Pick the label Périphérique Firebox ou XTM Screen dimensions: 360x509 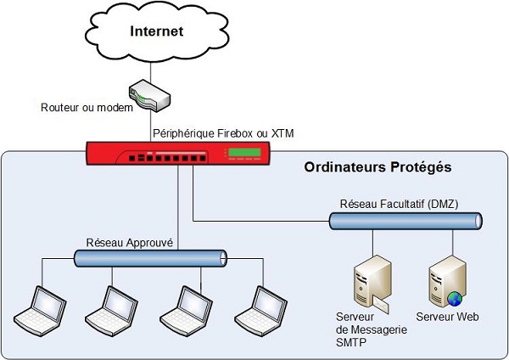click(223, 133)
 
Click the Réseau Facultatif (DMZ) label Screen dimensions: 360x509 click(394, 205)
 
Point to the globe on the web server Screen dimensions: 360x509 click(454, 298)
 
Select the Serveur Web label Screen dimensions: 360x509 click(447, 318)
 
